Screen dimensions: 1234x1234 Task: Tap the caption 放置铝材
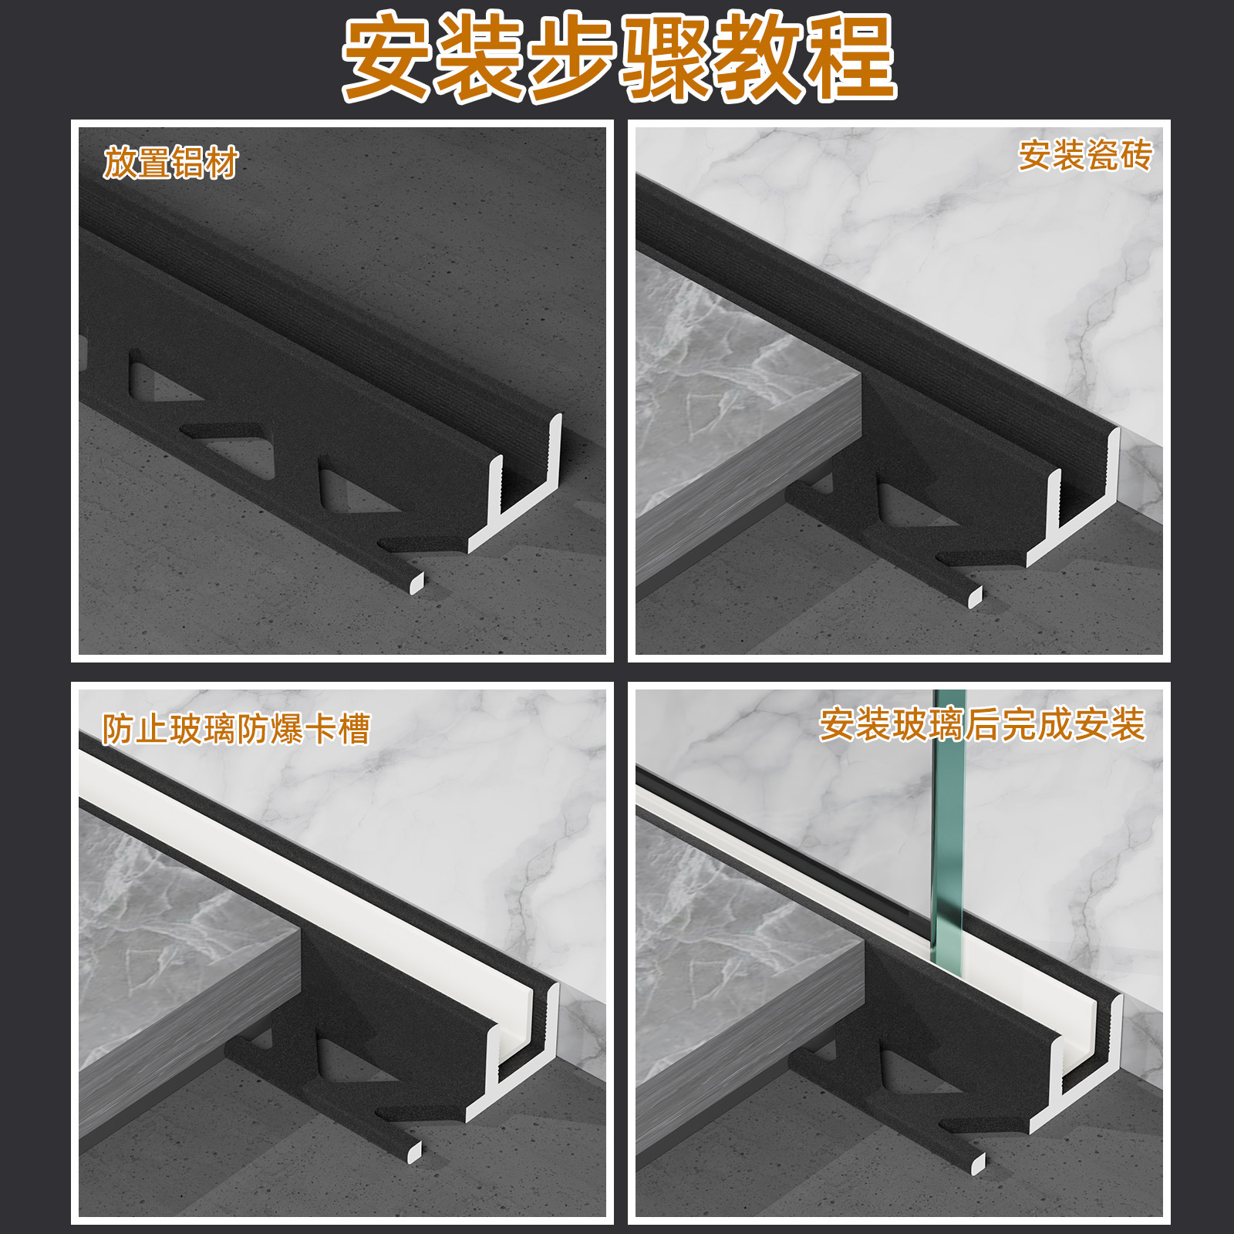(x=170, y=163)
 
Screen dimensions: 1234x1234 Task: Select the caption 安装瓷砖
(x=1085, y=155)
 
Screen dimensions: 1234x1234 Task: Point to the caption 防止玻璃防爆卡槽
(x=236, y=729)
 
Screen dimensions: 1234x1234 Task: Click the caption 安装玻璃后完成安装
(x=982, y=725)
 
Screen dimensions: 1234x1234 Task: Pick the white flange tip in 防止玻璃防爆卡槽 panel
(x=414, y=1150)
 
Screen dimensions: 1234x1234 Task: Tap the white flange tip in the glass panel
(x=978, y=1164)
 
